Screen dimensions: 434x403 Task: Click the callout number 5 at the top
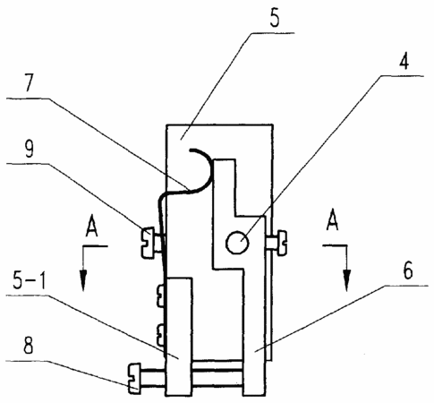pyautogui.click(x=275, y=19)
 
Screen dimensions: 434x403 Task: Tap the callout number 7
pyautogui.click(x=30, y=82)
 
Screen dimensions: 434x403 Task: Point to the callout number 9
pyautogui.click(x=29, y=149)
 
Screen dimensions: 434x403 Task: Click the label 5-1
pyautogui.click(x=30, y=280)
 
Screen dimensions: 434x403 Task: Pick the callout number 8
pyautogui.click(x=29, y=346)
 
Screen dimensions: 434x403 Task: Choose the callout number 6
pyautogui.click(x=408, y=270)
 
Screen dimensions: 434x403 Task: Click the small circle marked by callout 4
pyautogui.click(x=237, y=243)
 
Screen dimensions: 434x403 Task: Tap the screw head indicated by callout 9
pyautogui.click(x=148, y=243)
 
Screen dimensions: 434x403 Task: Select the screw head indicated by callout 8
pyautogui.click(x=134, y=378)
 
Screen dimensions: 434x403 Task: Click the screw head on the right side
pyautogui.click(x=282, y=243)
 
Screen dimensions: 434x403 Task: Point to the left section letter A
pyautogui.click(x=91, y=227)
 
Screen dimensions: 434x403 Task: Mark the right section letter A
pyautogui.click(x=333, y=220)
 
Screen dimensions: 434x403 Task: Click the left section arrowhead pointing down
pyautogui.click(x=83, y=280)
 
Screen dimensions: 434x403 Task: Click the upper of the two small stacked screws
pyautogui.click(x=161, y=296)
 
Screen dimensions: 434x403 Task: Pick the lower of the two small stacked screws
pyautogui.click(x=161, y=336)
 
